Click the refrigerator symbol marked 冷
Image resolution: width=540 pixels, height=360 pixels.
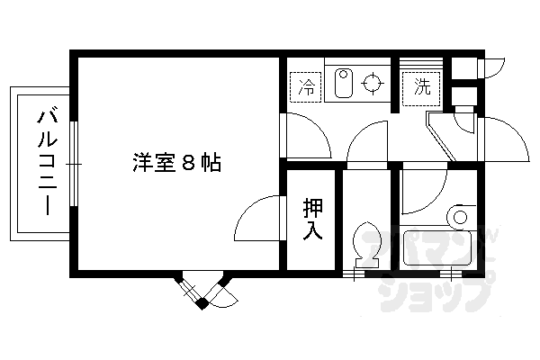click(307, 88)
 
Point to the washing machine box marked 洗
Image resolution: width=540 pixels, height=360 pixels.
click(420, 87)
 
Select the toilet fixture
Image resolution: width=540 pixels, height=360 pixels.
click(366, 242)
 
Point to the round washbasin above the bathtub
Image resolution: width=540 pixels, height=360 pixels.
click(462, 217)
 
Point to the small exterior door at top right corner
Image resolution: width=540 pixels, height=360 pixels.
click(493, 68)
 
